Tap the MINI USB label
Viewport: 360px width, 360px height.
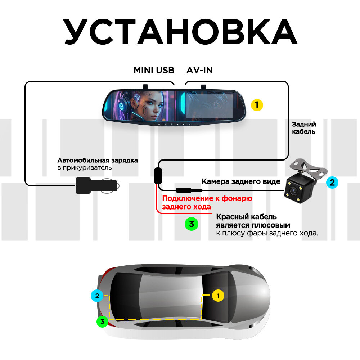point(154,70)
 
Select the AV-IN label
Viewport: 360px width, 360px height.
point(199,70)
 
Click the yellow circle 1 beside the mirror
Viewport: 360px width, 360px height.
point(257,105)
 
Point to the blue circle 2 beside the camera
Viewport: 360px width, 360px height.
point(332,183)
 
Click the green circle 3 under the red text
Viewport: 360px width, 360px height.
point(192,224)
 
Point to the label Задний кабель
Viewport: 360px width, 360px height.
point(304,128)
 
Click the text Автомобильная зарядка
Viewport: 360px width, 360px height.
point(98,160)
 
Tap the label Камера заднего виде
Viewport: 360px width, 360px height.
point(241,182)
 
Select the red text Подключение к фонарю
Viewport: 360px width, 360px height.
point(207,198)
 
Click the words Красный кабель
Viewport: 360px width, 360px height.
point(246,217)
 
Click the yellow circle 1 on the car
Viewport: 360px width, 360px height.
point(217,296)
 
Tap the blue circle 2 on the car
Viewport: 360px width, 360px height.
point(96,296)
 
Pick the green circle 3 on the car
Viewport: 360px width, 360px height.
point(103,321)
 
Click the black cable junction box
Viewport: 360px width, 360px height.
point(158,175)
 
